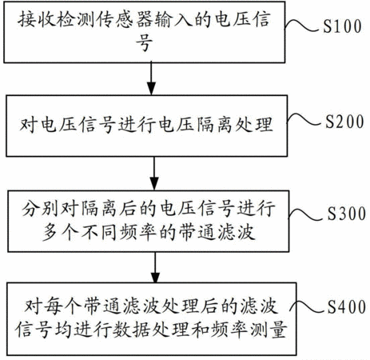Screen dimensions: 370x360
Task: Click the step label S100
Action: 342,26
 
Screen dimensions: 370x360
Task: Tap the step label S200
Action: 344,122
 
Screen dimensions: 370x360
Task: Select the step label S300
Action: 346,214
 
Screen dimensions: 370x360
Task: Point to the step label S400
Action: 346,306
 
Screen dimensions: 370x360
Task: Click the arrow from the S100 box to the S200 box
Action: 151,78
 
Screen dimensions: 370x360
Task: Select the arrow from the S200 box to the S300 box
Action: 154,173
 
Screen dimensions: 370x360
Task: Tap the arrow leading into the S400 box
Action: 155,267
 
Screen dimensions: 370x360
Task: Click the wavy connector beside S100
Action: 301,26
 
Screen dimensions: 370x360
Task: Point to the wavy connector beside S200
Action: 304,119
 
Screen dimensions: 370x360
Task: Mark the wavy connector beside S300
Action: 305,214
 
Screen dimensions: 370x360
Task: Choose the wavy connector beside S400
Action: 307,307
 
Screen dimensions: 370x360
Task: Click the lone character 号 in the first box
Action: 144,42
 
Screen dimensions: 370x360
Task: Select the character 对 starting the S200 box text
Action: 28,124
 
